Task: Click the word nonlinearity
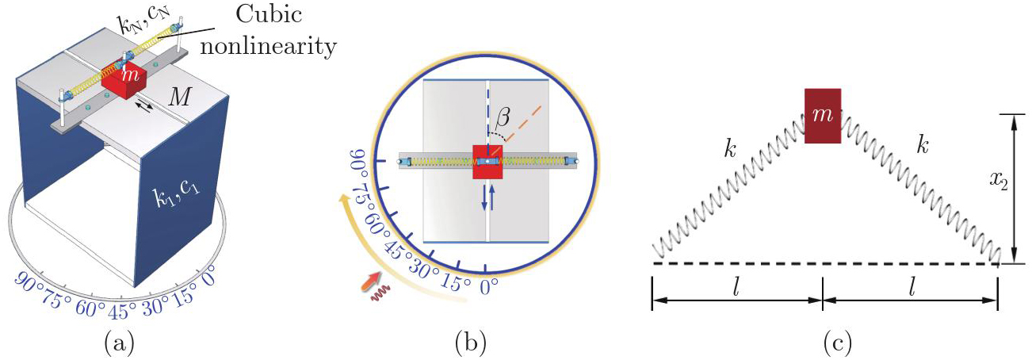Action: (268, 46)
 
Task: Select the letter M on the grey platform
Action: (179, 98)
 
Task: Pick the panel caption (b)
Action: (470, 343)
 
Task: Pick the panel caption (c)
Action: (837, 343)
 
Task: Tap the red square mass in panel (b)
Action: (487, 161)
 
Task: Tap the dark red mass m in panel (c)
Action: (823, 116)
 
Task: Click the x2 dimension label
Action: (999, 182)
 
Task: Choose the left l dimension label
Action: (736, 288)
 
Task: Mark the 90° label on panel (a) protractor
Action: (29, 281)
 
